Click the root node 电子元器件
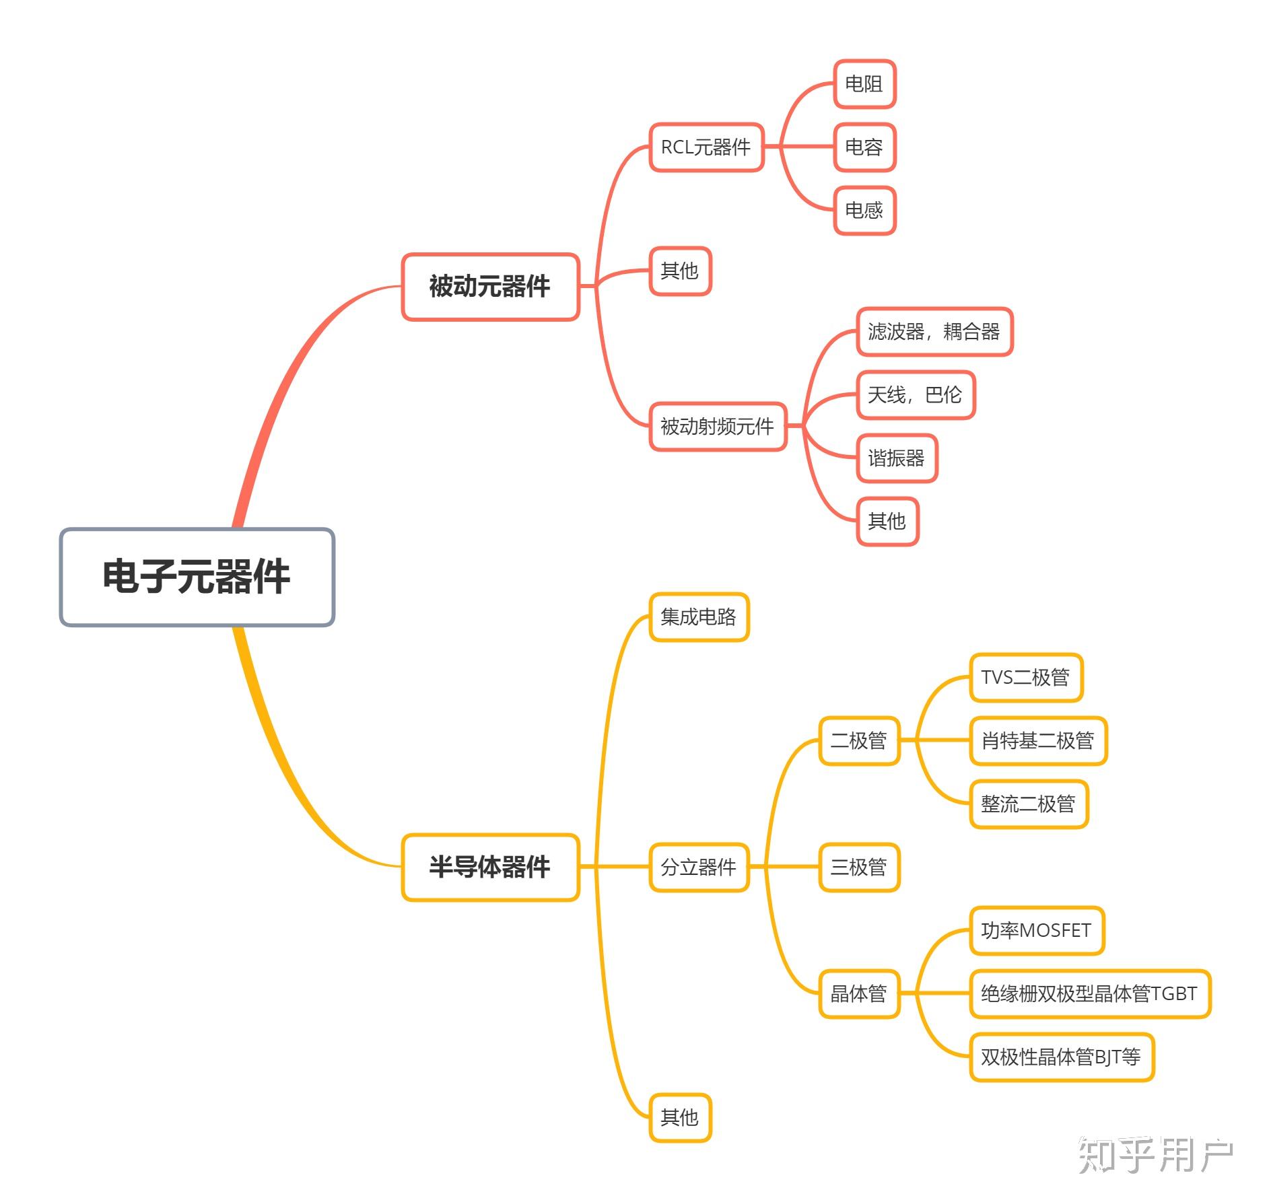[x=197, y=577]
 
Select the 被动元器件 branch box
[x=490, y=287]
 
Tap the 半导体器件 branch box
[x=490, y=867]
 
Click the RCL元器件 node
[x=706, y=147]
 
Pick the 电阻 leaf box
[x=864, y=84]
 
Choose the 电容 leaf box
[x=864, y=147]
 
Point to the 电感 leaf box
[x=864, y=211]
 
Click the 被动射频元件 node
[x=718, y=426]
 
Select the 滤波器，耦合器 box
[x=934, y=331]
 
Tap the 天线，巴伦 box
[x=915, y=395]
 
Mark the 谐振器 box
[x=897, y=458]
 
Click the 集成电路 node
[x=699, y=616]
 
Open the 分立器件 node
[x=699, y=867]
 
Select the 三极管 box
[x=859, y=867]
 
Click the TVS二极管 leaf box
[x=1025, y=677]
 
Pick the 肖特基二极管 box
[x=1038, y=740]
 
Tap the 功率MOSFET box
[x=1037, y=930]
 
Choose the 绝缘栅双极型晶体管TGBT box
[x=1089, y=993]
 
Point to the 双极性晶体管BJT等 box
[x=1061, y=1057]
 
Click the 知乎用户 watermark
[x=1155, y=1155]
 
